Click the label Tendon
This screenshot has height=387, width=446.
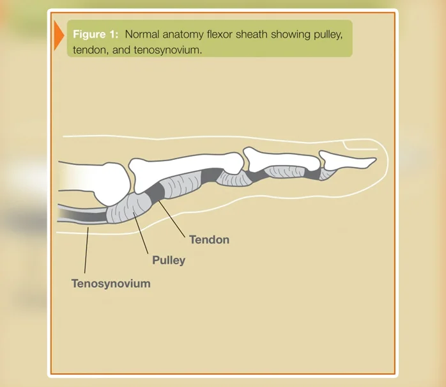tap(210, 239)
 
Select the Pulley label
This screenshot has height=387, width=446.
tap(169, 260)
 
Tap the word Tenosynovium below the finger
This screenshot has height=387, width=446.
tap(111, 283)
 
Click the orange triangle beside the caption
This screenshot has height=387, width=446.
tap(59, 35)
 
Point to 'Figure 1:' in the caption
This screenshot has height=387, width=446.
tap(96, 34)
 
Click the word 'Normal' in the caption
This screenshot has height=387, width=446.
tap(142, 34)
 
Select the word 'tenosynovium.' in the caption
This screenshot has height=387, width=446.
tap(168, 50)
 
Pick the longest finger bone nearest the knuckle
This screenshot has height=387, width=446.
tap(185, 171)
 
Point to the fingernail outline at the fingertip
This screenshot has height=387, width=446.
tap(360, 145)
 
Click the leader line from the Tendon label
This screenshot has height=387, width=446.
tap(172, 219)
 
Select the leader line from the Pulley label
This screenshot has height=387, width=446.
tap(141, 233)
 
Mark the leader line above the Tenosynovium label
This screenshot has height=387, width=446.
tap(86, 250)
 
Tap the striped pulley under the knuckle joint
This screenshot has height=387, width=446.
tap(128, 209)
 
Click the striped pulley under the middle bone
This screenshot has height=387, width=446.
tap(285, 172)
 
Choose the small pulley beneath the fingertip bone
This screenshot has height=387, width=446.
tap(327, 173)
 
